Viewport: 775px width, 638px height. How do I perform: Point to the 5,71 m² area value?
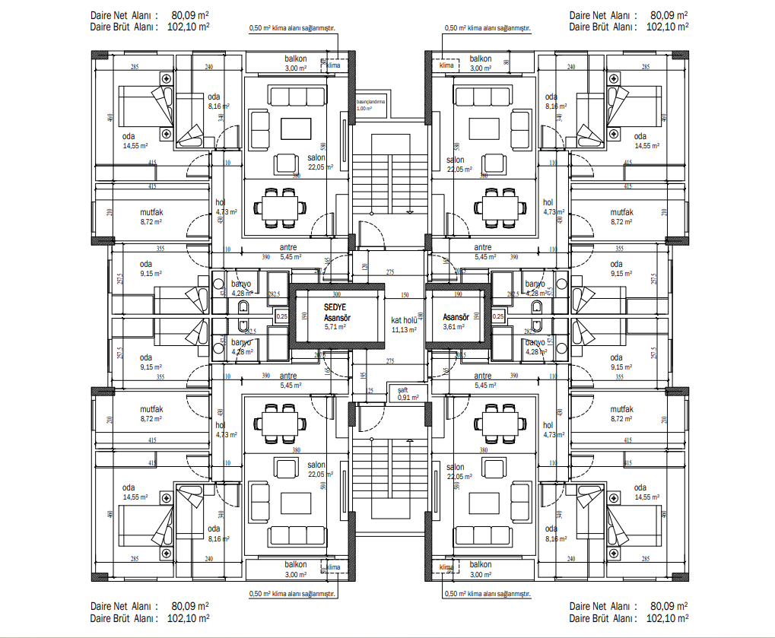(335, 326)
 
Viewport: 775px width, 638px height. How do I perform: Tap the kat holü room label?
(404, 320)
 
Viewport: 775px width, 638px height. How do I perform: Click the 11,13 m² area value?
(404, 330)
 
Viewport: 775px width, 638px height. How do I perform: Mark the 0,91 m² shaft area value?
(408, 396)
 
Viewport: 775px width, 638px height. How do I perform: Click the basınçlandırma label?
(371, 101)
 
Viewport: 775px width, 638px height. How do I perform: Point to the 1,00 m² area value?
(365, 109)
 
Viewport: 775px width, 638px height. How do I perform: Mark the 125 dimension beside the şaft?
(370, 391)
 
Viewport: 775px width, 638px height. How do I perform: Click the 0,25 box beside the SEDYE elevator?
(281, 316)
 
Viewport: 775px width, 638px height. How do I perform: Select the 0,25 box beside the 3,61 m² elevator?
(498, 316)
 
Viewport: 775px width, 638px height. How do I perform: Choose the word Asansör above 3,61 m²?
(455, 316)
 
